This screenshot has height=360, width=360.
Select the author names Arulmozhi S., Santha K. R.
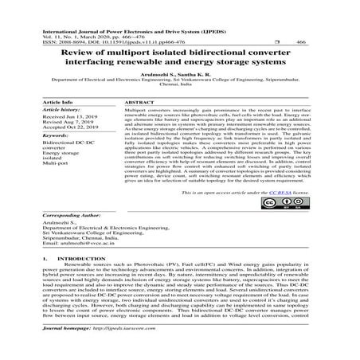coord(180,72)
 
